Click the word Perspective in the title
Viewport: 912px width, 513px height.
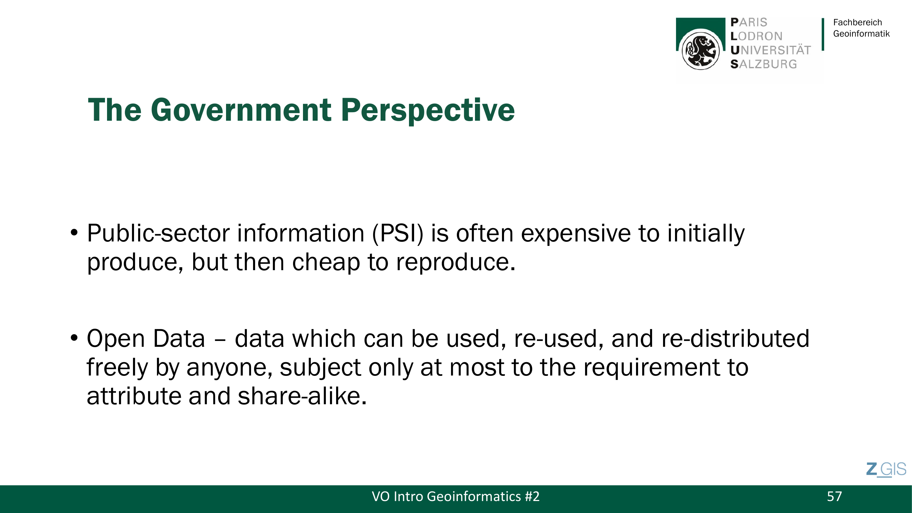click(x=428, y=110)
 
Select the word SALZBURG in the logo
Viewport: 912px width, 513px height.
click(x=764, y=64)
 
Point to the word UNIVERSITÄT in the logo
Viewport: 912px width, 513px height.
click(x=770, y=50)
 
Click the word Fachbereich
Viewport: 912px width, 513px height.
click(x=858, y=22)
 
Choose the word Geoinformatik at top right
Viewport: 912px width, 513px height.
click(x=861, y=34)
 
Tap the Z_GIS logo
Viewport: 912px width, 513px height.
click(x=886, y=470)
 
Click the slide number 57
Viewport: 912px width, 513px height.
click(x=834, y=497)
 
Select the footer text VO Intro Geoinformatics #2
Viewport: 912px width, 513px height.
click(x=455, y=497)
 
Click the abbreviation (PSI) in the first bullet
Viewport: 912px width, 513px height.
click(x=398, y=234)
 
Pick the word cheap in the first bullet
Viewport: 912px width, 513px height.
click(x=326, y=263)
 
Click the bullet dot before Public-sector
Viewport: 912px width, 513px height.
click(x=74, y=233)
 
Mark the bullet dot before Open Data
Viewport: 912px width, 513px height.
click(x=74, y=338)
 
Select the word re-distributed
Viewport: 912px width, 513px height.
click(x=735, y=339)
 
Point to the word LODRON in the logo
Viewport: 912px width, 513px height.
click(x=756, y=36)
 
